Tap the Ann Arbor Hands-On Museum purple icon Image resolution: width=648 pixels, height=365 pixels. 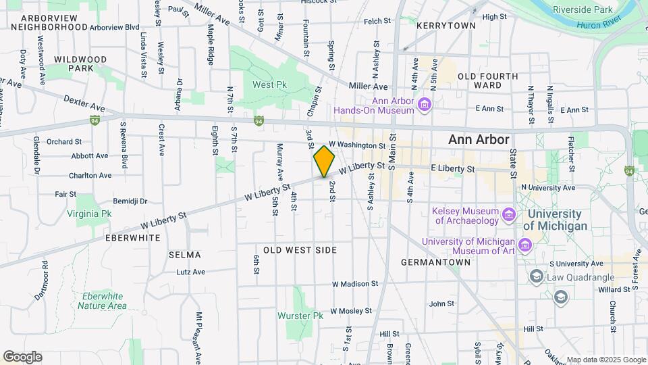[x=424, y=104]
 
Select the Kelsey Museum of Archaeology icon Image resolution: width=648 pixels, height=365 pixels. [x=509, y=216]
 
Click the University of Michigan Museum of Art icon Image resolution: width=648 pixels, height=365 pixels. [x=526, y=243]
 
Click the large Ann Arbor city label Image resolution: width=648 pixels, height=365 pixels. [x=479, y=139]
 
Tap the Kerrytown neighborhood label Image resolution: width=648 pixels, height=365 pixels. [x=446, y=25]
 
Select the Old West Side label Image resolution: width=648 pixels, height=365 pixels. [x=300, y=250]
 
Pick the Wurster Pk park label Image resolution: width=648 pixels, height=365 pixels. [x=300, y=316]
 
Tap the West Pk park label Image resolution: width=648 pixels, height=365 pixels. [x=270, y=84]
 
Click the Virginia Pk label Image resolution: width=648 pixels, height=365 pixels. [x=88, y=214]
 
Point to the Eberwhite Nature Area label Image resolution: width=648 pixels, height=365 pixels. [x=102, y=301]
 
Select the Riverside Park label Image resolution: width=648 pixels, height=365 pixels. [x=583, y=9]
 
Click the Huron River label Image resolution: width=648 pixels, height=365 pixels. [x=599, y=25]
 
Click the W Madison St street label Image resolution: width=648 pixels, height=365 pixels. [x=352, y=284]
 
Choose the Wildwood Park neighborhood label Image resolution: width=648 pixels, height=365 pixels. [x=80, y=64]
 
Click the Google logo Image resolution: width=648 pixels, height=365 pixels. [x=22, y=357]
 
